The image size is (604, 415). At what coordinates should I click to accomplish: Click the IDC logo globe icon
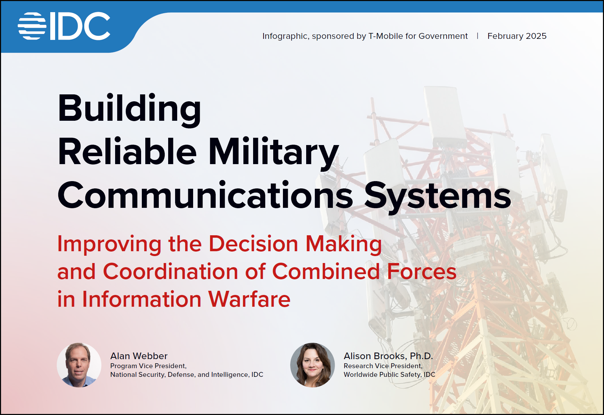click(x=32, y=26)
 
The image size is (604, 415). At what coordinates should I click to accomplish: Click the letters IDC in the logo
click(x=80, y=26)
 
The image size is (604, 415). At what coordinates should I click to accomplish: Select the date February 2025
click(x=517, y=36)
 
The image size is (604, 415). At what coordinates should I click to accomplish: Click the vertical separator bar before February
click(x=478, y=36)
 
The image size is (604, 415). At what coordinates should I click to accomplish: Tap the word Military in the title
click(x=274, y=153)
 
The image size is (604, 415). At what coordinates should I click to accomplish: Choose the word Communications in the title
click(x=206, y=195)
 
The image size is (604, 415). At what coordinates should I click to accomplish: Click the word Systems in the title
click(x=438, y=197)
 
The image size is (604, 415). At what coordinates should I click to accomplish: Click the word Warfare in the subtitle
click(x=249, y=299)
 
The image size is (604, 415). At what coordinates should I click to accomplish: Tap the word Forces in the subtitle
click(x=422, y=271)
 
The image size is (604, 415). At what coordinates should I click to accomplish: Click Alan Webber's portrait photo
click(x=79, y=365)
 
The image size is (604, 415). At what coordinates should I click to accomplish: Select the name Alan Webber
click(x=139, y=356)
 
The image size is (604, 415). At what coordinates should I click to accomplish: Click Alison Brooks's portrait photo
click(x=312, y=365)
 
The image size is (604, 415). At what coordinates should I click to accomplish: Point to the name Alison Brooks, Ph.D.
click(x=388, y=356)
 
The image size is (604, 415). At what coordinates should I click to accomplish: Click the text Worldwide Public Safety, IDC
click(x=389, y=375)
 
